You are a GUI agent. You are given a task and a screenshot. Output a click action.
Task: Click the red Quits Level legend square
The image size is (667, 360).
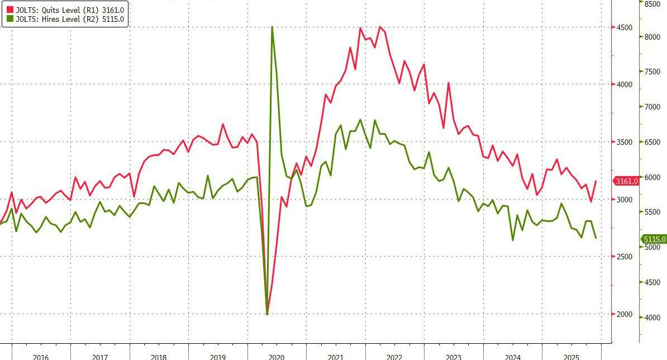(6, 9)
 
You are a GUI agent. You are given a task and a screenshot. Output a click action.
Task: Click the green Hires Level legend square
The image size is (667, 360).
(6, 19)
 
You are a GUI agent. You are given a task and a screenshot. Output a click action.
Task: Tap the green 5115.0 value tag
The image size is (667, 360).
(654, 239)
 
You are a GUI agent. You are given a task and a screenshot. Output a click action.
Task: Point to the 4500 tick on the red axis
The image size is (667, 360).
(624, 27)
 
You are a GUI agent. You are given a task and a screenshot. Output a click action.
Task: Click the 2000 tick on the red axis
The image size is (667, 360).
(624, 314)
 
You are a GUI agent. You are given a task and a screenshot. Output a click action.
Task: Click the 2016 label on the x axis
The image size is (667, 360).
(40, 357)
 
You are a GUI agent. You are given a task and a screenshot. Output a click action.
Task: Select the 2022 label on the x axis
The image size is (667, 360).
(394, 357)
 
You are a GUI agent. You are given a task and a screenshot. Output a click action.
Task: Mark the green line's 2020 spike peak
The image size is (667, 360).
(272, 26)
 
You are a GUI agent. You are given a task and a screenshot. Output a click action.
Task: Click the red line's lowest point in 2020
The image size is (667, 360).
(267, 314)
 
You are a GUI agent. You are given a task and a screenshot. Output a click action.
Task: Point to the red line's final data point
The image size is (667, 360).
(596, 181)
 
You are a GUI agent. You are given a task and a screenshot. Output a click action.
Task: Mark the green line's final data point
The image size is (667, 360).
(596, 238)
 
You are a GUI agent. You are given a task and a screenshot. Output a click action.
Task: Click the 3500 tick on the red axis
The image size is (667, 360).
(624, 142)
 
